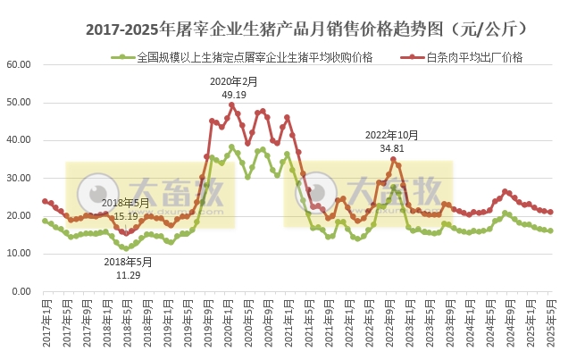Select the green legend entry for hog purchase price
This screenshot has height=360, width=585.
[255, 58]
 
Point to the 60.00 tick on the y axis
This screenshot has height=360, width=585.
[19, 65]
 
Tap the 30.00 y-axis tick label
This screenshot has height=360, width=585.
[19, 179]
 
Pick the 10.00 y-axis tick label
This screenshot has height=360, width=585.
[19, 254]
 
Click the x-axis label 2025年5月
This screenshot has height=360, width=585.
[550, 322]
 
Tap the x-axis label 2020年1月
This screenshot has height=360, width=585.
[228, 322]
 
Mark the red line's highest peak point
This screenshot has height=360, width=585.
[232, 105]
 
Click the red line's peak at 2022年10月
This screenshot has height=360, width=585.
[393, 160]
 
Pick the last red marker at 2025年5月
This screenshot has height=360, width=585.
[550, 213]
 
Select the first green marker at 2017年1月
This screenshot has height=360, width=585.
[45, 221]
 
